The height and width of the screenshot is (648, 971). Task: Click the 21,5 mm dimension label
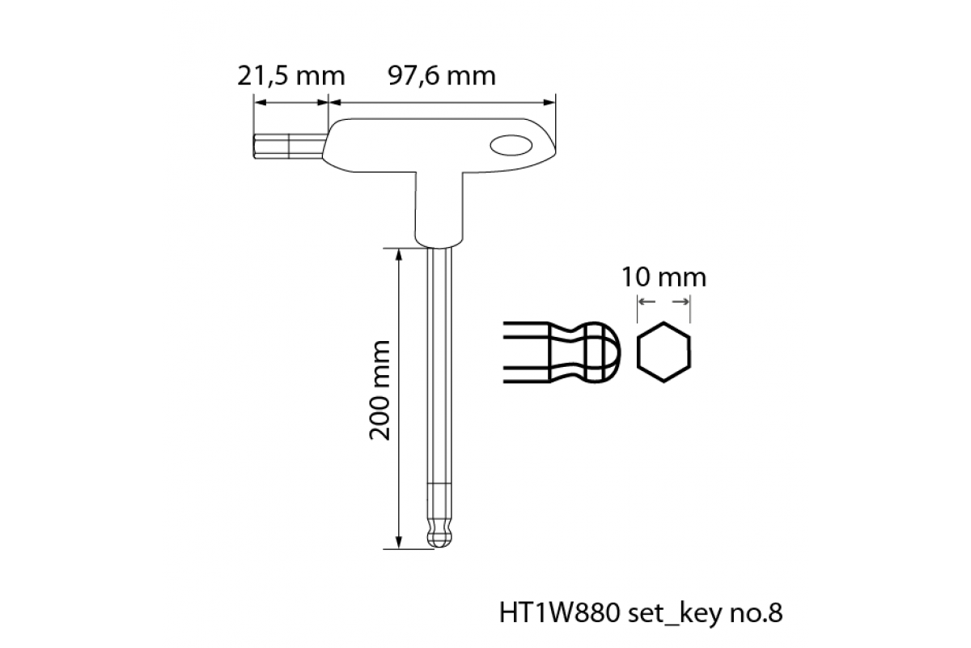[290, 76]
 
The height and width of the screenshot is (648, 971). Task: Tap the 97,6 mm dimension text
[441, 76]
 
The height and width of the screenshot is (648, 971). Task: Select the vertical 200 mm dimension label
[380, 390]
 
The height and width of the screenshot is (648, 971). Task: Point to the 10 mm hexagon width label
[664, 277]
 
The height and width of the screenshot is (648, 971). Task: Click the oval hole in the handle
[511, 146]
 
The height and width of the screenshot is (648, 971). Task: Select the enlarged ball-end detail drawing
[562, 352]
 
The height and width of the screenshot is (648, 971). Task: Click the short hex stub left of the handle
[289, 147]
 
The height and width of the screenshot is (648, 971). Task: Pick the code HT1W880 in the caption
[559, 613]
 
